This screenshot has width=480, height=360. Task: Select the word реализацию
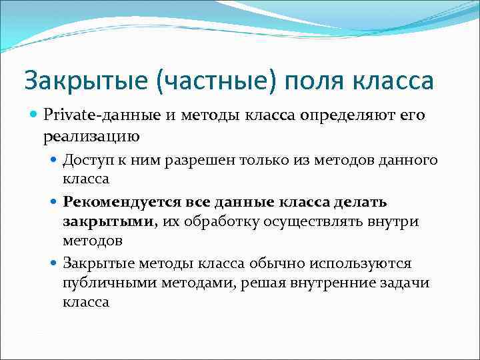point(92,137)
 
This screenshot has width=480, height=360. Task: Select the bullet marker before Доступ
point(55,161)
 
